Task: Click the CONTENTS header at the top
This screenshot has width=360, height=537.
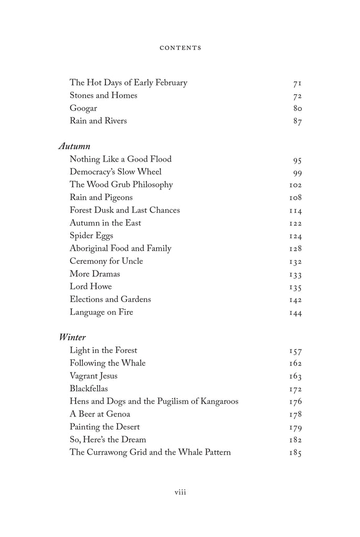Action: tap(180, 48)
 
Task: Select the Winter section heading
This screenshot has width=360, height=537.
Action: tap(72, 337)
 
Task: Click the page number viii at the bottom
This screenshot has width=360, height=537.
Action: tap(180, 492)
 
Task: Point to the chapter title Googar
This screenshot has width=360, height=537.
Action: tap(83, 109)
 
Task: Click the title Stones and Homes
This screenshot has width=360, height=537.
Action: tap(103, 95)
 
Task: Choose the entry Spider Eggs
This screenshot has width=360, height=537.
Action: tap(91, 235)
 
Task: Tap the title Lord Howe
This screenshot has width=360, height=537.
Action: tap(91, 286)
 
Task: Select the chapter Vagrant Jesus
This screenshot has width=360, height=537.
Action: tap(93, 375)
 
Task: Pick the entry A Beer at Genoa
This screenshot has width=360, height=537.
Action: tap(100, 414)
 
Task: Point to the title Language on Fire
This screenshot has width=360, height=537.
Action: tap(101, 312)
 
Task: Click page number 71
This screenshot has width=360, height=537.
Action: tap(297, 83)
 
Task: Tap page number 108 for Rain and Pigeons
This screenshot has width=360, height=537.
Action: tap(295, 198)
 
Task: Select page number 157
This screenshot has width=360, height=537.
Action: tap(295, 350)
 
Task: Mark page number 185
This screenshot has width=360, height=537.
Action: tap(295, 453)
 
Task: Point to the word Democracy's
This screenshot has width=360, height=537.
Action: tap(94, 171)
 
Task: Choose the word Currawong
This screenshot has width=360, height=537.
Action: tap(108, 452)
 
